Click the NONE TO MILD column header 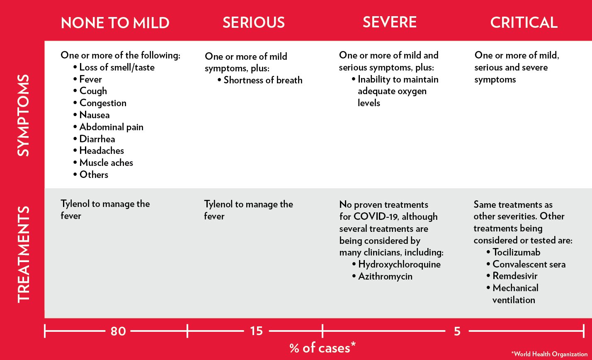point(115,23)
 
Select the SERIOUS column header point(254,22)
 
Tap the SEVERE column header point(389,22)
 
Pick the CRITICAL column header point(524,22)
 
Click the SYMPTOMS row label point(24,115)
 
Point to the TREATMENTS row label point(24,253)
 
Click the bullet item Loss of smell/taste point(116,67)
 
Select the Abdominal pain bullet point(111,127)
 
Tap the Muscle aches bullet point(106,163)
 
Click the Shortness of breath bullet point(263,80)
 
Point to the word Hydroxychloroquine point(399,264)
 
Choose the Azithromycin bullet point(385,276)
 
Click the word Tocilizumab point(516,252)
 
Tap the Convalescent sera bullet point(529,264)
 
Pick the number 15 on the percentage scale point(256,331)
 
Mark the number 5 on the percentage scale point(457,331)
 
